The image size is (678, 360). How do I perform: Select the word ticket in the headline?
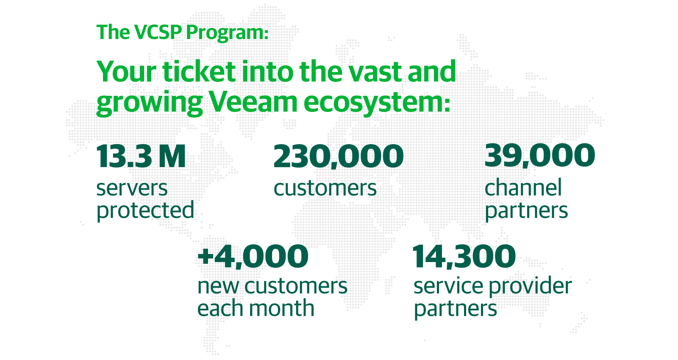coord(199,72)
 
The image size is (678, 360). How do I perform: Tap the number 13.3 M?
coord(141,156)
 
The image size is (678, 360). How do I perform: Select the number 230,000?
coord(339,156)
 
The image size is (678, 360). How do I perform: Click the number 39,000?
coord(540,156)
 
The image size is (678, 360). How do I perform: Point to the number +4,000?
coord(253,257)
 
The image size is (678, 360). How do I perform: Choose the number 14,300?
coord(464,257)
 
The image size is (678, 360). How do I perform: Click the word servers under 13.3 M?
coord(132,189)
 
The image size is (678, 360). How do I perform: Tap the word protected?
coord(145,210)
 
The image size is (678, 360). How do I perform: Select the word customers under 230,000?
coord(325,188)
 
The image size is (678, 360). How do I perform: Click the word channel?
coord(523,187)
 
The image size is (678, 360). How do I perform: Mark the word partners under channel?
coord(526,211)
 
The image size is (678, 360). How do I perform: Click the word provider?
coord(530,286)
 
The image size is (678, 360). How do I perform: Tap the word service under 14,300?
coord(448,286)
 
